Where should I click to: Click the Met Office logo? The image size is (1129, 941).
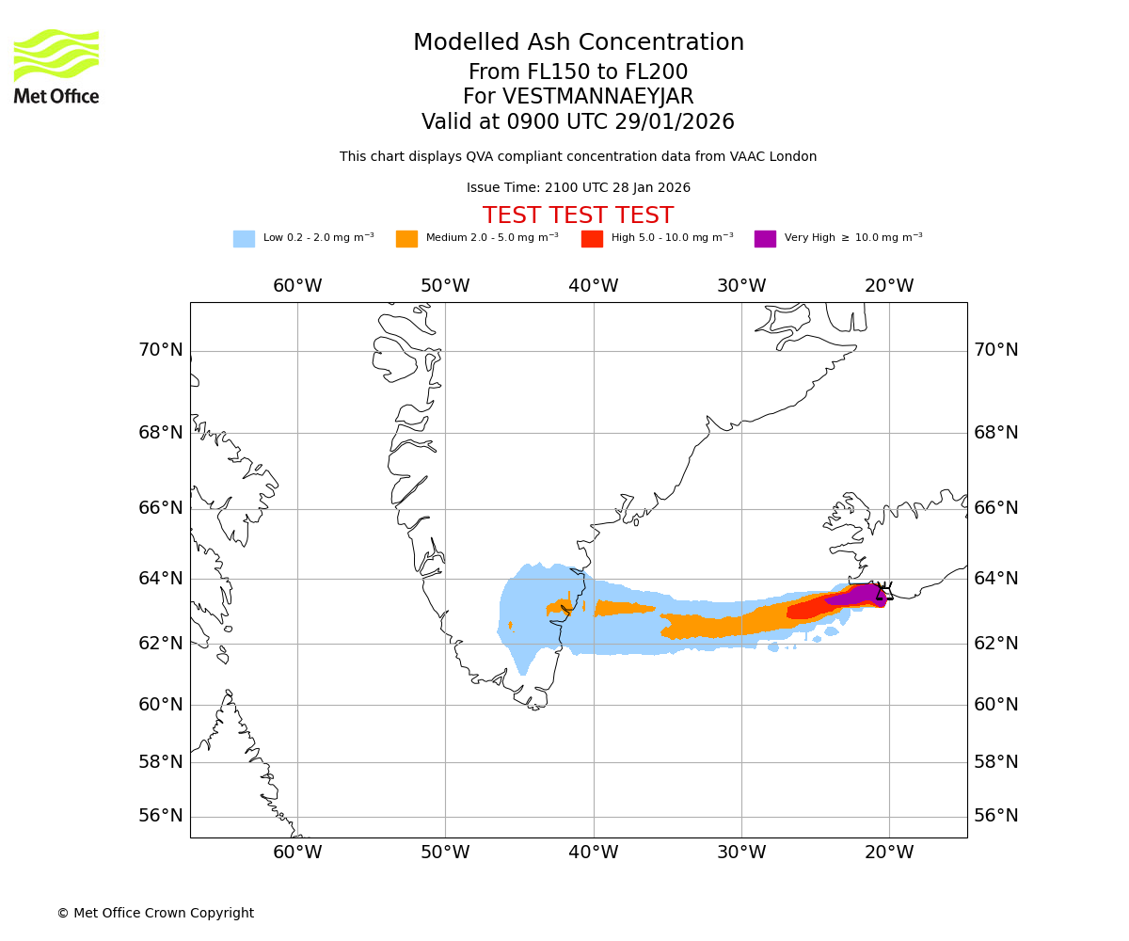pos(56,66)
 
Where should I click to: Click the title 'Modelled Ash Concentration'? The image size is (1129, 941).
pos(579,43)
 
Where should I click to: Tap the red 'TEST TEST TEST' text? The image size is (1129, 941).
pos(579,216)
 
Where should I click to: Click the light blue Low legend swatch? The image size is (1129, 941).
pos(244,239)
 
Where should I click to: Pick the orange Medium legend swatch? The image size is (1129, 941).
pos(406,239)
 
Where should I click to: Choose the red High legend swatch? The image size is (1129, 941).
pos(592,239)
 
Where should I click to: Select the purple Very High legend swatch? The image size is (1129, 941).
pos(765,239)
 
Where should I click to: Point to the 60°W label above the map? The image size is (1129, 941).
pos(297,286)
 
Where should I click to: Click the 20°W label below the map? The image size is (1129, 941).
pos(889,853)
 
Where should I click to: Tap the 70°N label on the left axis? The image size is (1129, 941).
pos(161,350)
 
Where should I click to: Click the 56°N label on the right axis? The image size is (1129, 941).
pos(996,816)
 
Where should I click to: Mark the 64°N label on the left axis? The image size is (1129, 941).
pos(161,578)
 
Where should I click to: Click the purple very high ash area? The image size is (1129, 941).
pos(858,595)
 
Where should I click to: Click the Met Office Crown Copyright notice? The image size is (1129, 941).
pos(155,914)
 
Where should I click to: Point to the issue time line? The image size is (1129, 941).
pos(579,188)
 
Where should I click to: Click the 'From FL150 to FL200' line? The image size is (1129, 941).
pos(579,72)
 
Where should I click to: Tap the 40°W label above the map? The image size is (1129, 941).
pos(594,286)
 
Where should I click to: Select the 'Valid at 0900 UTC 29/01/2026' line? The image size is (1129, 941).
pos(579,122)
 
